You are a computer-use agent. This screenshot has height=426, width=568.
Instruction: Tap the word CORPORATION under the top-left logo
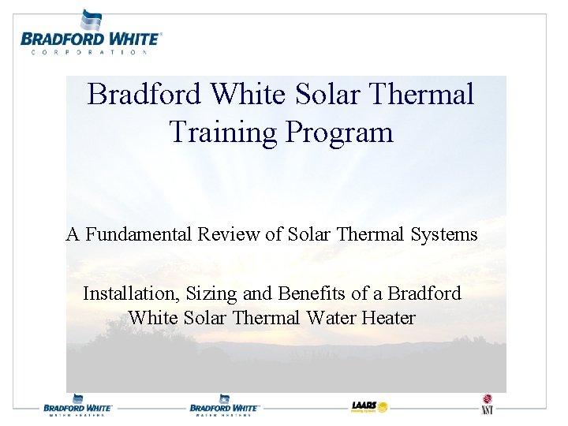pos(89,52)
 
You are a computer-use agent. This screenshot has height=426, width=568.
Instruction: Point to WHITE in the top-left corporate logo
pos(127,39)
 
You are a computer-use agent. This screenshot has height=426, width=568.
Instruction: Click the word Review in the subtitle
pos(225,234)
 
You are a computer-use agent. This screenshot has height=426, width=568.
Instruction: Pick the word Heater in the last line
pos(387,318)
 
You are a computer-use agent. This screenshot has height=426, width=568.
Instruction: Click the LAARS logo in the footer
pos(370,407)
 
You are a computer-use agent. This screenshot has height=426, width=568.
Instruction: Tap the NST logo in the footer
pos(487,404)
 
